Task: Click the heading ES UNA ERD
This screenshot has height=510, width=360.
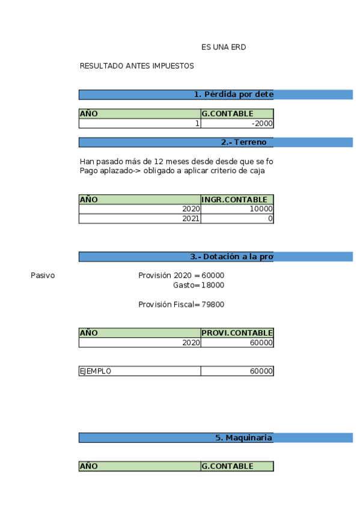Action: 224,47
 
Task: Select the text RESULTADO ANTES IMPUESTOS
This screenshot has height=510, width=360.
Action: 136,66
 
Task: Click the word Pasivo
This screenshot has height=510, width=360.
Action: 43,275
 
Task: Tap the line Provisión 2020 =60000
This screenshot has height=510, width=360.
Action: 181,275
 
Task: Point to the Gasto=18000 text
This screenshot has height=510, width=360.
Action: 198,285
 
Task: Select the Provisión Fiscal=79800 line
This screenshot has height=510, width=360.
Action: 181,304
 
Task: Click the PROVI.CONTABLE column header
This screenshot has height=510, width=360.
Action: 237,333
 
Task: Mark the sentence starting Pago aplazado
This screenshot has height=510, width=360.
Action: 172,171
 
